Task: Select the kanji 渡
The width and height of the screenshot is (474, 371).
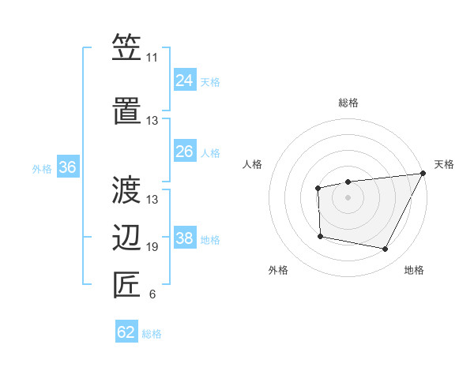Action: click(126, 189)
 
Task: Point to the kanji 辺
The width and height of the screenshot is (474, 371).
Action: click(126, 236)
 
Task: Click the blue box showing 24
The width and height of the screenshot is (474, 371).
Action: click(184, 80)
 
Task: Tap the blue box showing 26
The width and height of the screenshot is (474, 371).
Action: click(184, 151)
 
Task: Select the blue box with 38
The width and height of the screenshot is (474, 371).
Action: click(184, 238)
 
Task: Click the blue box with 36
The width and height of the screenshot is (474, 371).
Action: click(67, 167)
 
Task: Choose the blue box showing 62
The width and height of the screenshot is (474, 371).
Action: click(126, 332)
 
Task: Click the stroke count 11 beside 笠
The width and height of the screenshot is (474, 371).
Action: click(152, 58)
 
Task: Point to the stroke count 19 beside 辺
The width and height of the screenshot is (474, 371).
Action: click(152, 247)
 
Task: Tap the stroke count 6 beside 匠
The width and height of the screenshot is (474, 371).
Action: click(152, 295)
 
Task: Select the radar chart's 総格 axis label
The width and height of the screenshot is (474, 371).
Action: click(348, 103)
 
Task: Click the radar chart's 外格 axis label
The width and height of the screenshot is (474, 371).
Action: click(278, 270)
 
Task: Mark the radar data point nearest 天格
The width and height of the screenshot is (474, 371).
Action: click(423, 174)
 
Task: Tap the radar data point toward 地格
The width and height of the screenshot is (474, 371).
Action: click(386, 249)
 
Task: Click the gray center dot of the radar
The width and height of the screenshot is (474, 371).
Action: click(348, 197)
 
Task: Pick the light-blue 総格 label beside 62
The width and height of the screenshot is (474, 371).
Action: click(152, 334)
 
